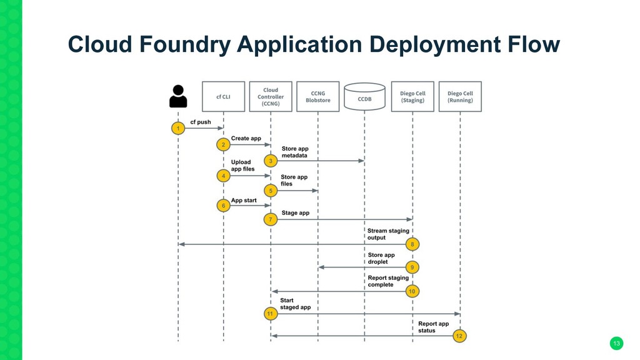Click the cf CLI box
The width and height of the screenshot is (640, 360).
[x=223, y=97]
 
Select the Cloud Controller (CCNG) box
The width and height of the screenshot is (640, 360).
[x=271, y=97]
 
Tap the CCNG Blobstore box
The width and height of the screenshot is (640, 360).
[x=318, y=97]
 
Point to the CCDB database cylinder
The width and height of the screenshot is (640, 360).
[x=364, y=97]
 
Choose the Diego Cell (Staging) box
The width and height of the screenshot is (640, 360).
[x=412, y=97]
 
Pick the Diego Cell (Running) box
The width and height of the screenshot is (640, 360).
[x=460, y=97]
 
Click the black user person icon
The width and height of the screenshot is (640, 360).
[x=178, y=96]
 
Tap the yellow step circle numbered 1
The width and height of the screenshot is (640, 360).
[x=178, y=128]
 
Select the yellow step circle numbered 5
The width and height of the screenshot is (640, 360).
[x=271, y=191]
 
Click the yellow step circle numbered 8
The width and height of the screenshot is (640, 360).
[x=412, y=244]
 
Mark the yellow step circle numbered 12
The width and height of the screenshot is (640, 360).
[x=459, y=336]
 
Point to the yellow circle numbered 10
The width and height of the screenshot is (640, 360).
[x=412, y=291]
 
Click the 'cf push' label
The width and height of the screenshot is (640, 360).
[x=201, y=122]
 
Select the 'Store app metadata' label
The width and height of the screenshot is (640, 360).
[x=295, y=152]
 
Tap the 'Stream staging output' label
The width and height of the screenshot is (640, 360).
[x=388, y=234]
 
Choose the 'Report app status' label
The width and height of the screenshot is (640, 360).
[x=434, y=327]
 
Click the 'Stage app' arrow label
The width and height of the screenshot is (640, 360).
[x=296, y=213]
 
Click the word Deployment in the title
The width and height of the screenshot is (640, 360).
[x=435, y=44]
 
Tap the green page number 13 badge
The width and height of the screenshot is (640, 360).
[x=616, y=343]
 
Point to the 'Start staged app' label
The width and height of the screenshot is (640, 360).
[x=296, y=304]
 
